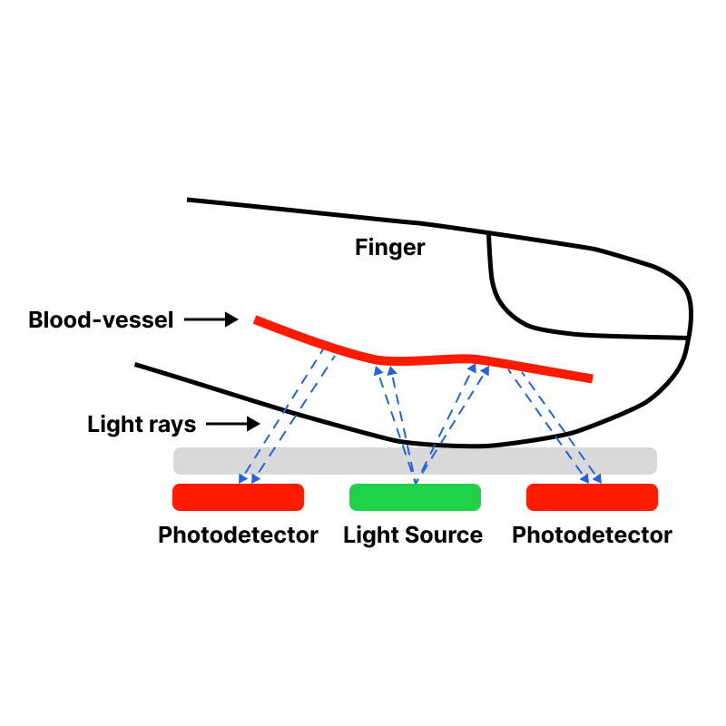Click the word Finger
(x=390, y=248)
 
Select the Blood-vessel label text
(x=101, y=320)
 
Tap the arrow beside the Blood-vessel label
(x=211, y=319)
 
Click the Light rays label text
(x=142, y=425)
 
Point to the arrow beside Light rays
(x=233, y=424)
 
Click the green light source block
(x=415, y=497)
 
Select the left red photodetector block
(x=238, y=497)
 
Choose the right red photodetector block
(x=593, y=497)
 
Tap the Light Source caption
(x=413, y=535)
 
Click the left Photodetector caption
(x=238, y=535)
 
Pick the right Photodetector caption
(x=593, y=535)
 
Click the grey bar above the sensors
(x=415, y=461)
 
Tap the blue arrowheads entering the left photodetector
(x=249, y=478)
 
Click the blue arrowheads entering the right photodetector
(x=591, y=478)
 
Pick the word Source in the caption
(x=444, y=535)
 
